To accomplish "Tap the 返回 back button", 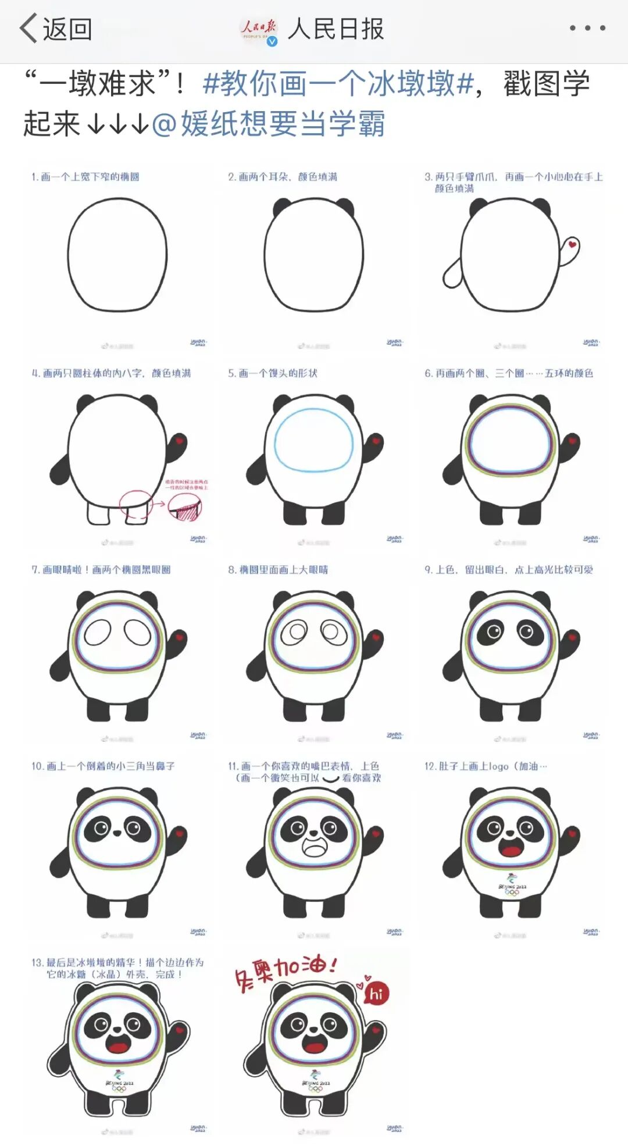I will (x=56, y=28).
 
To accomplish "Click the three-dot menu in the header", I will (x=587, y=28).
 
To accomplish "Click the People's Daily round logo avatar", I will (x=259, y=29).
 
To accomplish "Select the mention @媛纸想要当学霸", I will (x=268, y=123).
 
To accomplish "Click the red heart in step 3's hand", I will (x=573, y=244).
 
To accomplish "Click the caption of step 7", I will (x=101, y=570).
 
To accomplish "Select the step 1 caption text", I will (x=85, y=177).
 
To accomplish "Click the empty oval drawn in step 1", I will (x=117, y=254).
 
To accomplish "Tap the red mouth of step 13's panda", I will (x=119, y=1047).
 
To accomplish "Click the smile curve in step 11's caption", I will (x=330, y=779).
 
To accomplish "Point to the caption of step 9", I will (x=509, y=570).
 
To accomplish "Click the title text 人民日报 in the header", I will (x=336, y=28).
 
